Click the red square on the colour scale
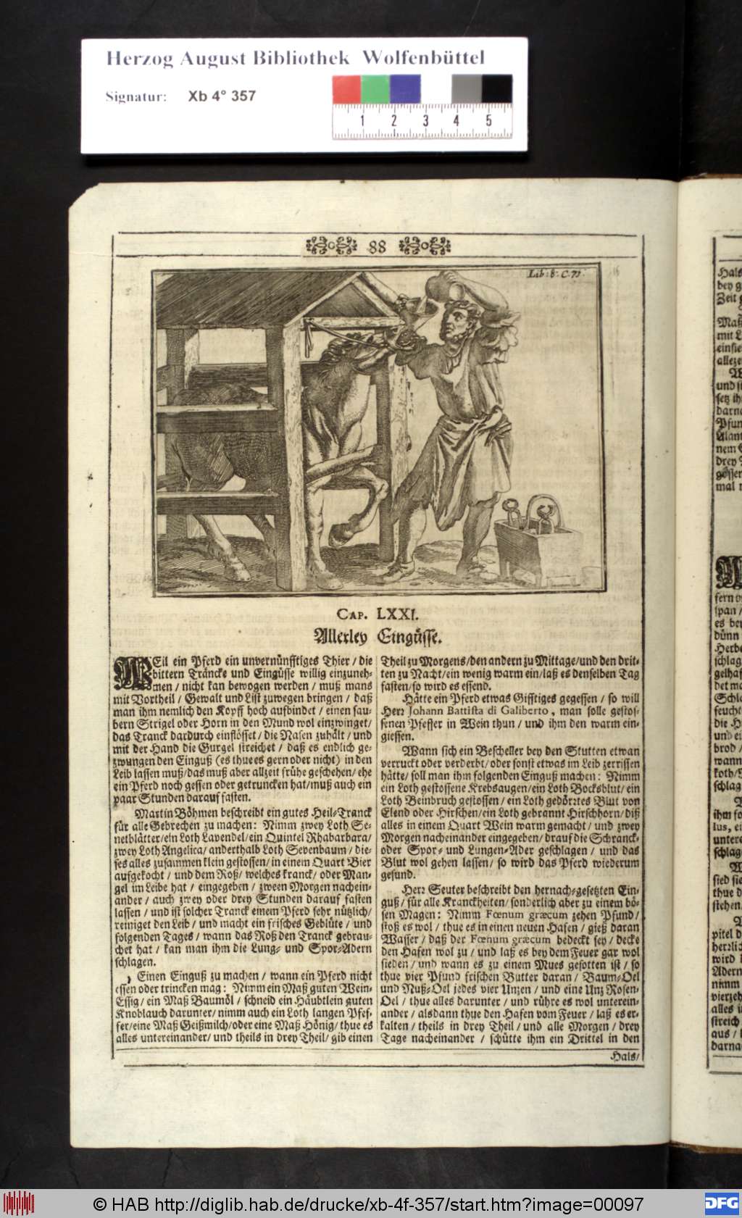point(346,89)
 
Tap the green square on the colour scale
point(375,89)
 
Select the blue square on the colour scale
point(405,89)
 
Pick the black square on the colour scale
point(497,89)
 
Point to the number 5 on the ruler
point(488,120)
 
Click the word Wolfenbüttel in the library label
point(423,58)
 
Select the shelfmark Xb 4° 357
point(221,96)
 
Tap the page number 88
point(378,246)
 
